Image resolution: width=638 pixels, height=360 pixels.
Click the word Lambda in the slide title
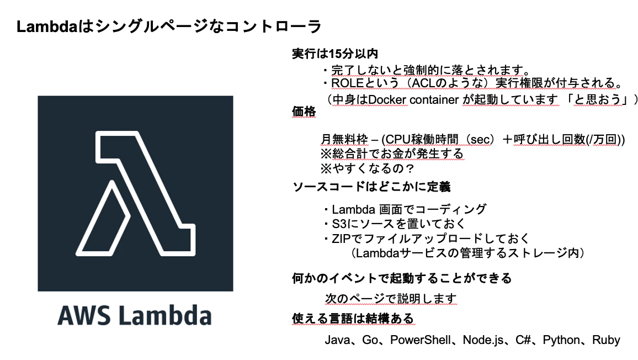click(x=46, y=27)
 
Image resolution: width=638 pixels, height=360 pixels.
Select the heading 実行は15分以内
click(x=335, y=54)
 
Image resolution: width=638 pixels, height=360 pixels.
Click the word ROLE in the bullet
click(x=348, y=83)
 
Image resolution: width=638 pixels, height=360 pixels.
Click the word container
click(x=434, y=100)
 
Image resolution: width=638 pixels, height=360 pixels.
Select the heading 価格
click(x=304, y=111)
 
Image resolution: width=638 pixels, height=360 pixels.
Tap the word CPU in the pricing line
click(x=398, y=139)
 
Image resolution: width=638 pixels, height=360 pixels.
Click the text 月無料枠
click(x=344, y=139)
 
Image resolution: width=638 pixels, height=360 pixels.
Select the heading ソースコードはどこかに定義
click(x=371, y=187)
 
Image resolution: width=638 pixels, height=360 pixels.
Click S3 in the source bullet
click(x=339, y=224)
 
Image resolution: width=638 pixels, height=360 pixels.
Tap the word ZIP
click(x=341, y=239)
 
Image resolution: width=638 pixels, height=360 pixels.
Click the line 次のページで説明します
click(x=391, y=299)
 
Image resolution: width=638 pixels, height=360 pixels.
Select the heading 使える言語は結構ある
click(x=353, y=319)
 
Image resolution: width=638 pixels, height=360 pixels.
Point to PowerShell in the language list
click(x=421, y=340)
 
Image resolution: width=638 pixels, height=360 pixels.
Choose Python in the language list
click(x=561, y=340)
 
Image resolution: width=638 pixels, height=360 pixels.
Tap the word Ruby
click(x=606, y=340)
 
